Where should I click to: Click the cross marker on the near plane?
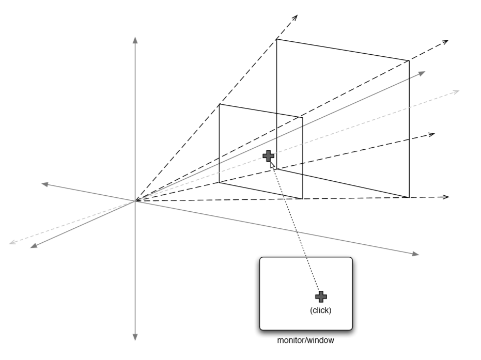(x=268, y=155)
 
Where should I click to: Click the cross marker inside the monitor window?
(x=321, y=296)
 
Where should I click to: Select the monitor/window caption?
(x=305, y=340)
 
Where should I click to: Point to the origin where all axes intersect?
(x=135, y=201)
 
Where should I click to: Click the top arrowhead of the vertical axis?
(x=135, y=40)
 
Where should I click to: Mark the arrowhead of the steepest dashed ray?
(x=295, y=18)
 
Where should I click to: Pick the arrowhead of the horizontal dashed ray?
(x=446, y=197)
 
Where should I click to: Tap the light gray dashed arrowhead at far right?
(x=456, y=91)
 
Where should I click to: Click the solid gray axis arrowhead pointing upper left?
(x=45, y=184)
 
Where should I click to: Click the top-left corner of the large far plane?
(x=276, y=39)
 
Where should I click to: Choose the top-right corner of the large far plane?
(x=409, y=61)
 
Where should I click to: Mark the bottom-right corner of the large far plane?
(x=409, y=197)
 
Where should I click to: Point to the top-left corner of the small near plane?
(x=220, y=104)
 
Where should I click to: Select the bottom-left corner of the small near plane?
(x=220, y=182)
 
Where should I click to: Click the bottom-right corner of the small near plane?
(x=302, y=198)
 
